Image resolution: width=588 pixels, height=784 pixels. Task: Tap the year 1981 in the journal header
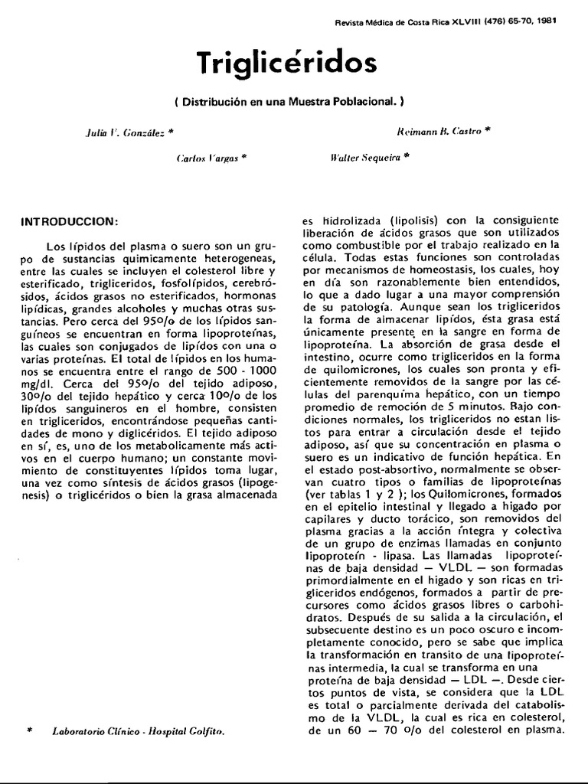pyautogui.click(x=546, y=21)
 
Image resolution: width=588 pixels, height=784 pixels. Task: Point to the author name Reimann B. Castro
pyautogui.click(x=439, y=131)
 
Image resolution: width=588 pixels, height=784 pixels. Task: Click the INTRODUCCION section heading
pyautogui.click(x=70, y=222)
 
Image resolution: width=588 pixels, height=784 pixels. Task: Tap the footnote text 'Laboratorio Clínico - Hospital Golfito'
pyautogui.click(x=139, y=733)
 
